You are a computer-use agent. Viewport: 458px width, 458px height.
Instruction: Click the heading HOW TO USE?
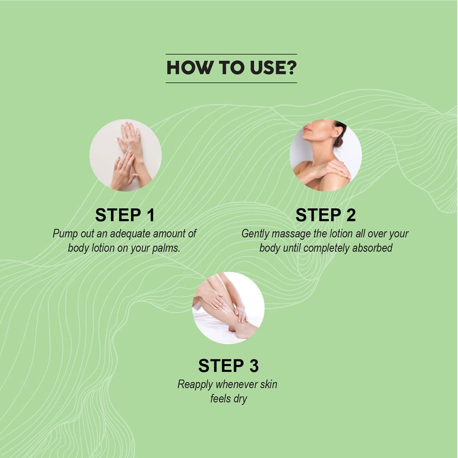click(231, 68)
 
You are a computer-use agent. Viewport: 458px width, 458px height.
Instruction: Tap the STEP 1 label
click(125, 215)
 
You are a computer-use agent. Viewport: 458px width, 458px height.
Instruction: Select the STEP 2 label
click(325, 215)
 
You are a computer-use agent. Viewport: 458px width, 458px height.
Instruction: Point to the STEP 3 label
click(228, 366)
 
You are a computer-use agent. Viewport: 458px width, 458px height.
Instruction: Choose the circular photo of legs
click(228, 308)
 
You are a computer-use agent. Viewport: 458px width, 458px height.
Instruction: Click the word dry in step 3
click(240, 399)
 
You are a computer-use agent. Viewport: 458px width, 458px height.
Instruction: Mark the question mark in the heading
click(291, 68)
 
